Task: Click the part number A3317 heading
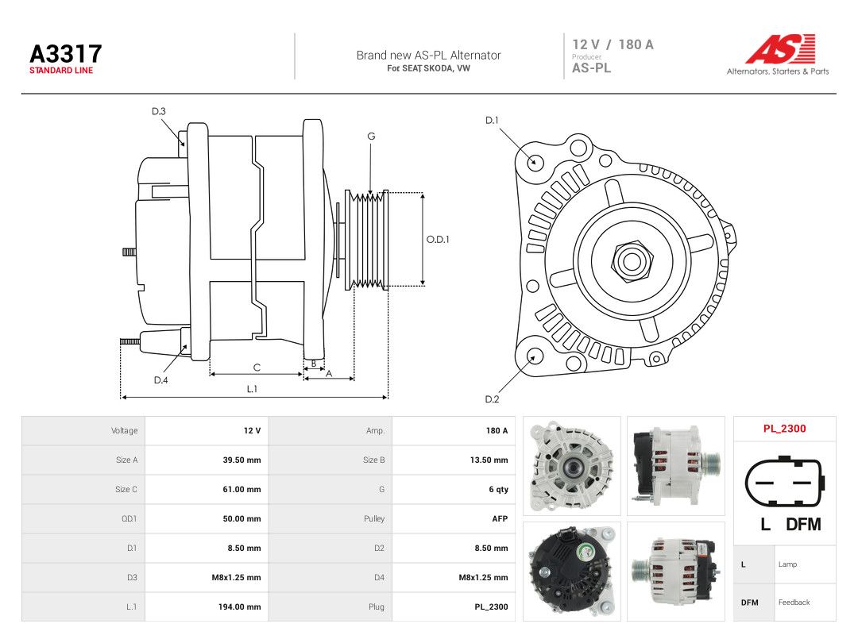point(66,54)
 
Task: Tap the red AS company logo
point(780,48)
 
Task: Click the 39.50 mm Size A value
point(242,460)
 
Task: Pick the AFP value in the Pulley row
point(500,518)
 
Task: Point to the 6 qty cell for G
point(498,489)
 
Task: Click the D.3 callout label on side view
point(159,111)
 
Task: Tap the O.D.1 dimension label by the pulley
point(438,239)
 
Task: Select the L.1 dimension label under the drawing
point(252,389)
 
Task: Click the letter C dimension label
point(257,368)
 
